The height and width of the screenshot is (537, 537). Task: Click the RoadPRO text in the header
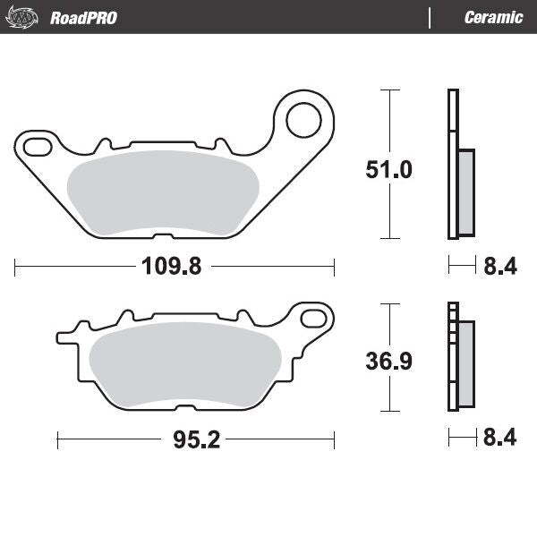(x=83, y=18)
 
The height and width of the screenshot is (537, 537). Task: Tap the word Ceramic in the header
(x=493, y=18)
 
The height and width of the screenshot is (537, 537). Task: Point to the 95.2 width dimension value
(x=193, y=439)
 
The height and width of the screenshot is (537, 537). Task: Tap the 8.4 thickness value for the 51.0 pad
(x=499, y=267)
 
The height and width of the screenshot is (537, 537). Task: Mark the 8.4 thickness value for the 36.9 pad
(x=499, y=439)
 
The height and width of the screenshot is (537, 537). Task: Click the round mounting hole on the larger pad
(x=303, y=117)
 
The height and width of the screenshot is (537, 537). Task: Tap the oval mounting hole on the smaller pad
(x=313, y=318)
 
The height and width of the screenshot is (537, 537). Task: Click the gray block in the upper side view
(x=465, y=192)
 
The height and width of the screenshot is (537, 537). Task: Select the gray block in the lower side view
(x=465, y=362)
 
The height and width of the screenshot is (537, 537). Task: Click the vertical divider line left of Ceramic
(x=430, y=18)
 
